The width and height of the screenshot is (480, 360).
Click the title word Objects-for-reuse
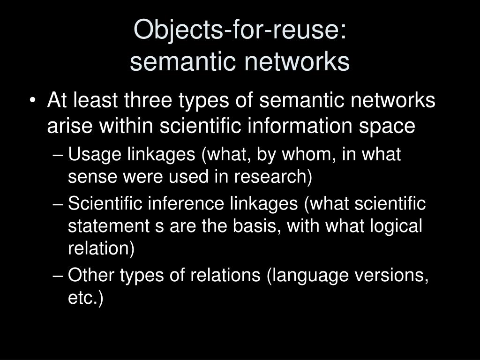coord(240,30)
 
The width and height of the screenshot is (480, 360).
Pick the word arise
coord(64,126)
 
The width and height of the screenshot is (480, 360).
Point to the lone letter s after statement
coord(158,226)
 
